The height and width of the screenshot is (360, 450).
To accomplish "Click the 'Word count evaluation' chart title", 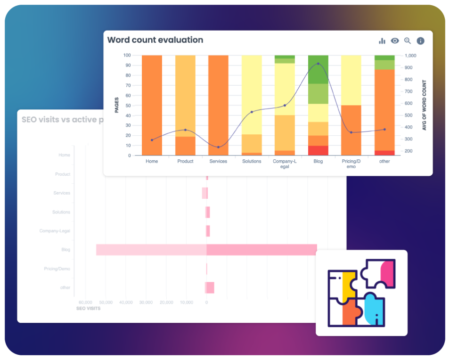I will [x=155, y=40].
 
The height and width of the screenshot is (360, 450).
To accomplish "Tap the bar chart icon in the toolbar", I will [x=382, y=41].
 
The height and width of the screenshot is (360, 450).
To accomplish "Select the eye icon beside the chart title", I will [x=395, y=41].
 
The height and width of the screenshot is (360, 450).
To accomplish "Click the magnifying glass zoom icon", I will [x=408, y=41].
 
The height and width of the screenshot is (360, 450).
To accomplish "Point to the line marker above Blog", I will [x=318, y=64].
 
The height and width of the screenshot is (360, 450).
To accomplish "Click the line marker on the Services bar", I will [x=218, y=147].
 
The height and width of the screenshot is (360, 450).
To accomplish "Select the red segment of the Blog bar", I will [x=318, y=150].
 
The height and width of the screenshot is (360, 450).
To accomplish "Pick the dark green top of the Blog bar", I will [x=318, y=69].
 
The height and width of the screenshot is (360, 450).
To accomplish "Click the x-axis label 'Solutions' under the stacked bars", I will [x=252, y=161].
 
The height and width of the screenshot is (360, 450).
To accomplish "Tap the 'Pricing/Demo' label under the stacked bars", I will [x=351, y=164].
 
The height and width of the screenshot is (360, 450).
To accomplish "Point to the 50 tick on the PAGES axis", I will [x=127, y=105].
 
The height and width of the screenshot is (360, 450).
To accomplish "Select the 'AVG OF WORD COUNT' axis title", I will [x=424, y=105].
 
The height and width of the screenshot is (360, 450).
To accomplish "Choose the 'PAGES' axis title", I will [x=117, y=105].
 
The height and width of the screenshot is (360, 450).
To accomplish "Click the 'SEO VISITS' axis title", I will [x=88, y=309].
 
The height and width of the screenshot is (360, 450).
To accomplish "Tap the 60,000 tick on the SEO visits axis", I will [x=85, y=302].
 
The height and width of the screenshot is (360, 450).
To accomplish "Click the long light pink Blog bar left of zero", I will [x=151, y=250].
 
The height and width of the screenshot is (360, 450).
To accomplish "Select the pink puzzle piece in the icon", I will [x=387, y=272].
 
